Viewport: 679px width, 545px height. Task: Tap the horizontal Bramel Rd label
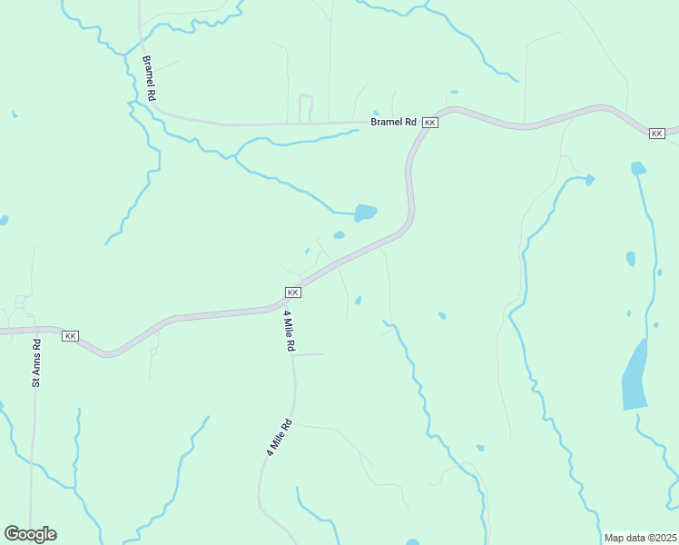[x=392, y=122]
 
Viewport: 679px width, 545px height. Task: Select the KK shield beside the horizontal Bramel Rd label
[x=430, y=122]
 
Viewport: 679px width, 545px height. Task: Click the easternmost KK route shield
[x=658, y=134]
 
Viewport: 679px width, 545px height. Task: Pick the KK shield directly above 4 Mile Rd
[x=292, y=292]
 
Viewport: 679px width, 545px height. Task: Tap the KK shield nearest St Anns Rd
[x=70, y=336]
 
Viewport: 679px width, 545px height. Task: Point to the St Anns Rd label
[x=37, y=362]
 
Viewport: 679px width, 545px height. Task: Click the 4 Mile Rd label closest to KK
[x=290, y=331]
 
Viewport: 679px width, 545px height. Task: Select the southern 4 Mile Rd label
[x=277, y=437]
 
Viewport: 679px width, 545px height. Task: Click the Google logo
[x=30, y=534]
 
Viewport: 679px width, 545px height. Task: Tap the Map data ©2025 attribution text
[x=639, y=538]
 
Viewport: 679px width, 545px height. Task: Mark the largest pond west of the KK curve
[x=365, y=213]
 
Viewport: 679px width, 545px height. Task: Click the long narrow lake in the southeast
[x=635, y=375]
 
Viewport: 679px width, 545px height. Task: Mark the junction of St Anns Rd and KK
[x=36, y=331]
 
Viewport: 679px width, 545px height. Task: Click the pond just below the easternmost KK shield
[x=638, y=168]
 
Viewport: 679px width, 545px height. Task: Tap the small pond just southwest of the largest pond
[x=339, y=235]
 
